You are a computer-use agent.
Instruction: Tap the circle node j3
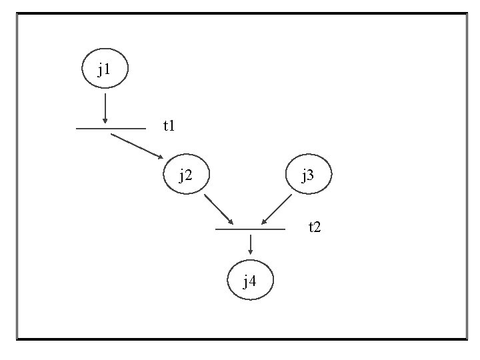pyautogui.click(x=309, y=175)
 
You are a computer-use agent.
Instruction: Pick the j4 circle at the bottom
pyautogui.click(x=250, y=281)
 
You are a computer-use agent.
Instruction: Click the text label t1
pyautogui.click(x=169, y=125)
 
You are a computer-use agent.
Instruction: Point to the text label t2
pyautogui.click(x=315, y=227)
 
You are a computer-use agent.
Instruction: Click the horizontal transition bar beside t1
pyautogui.click(x=111, y=128)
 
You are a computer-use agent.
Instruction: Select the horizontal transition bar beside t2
pyautogui.click(x=250, y=229)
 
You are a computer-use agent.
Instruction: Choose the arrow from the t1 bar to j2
pyautogui.click(x=137, y=146)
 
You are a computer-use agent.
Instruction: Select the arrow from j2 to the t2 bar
pyautogui.click(x=219, y=209)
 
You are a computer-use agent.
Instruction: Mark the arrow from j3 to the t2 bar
pyautogui.click(x=277, y=209)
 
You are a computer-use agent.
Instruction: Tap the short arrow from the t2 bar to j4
pyautogui.click(x=250, y=245)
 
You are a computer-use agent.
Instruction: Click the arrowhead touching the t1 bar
pyautogui.click(x=105, y=121)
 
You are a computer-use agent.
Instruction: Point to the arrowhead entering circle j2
pyautogui.click(x=160, y=156)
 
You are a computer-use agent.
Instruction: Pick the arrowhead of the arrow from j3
pyautogui.click(x=265, y=221)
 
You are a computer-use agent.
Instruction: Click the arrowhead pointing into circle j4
pyautogui.click(x=250, y=252)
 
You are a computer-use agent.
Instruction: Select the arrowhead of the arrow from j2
pyautogui.click(x=230, y=221)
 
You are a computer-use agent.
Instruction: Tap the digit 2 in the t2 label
pyautogui.click(x=318, y=228)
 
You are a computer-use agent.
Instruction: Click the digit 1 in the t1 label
pyautogui.click(x=172, y=125)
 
